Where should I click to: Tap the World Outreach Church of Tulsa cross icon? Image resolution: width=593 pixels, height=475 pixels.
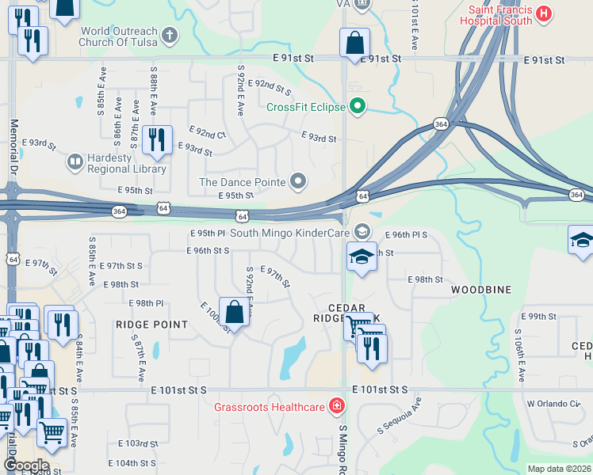[169, 35]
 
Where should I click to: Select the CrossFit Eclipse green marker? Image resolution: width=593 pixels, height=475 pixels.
[358, 106]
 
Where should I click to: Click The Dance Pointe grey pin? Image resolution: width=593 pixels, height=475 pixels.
[298, 182]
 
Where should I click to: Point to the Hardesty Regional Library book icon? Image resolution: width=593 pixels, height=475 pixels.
[75, 162]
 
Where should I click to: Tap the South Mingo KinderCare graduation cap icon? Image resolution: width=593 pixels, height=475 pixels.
[362, 230]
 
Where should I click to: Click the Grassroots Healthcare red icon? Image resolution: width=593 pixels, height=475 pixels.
[338, 407]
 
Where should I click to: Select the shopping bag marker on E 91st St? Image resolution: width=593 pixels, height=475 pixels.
[354, 43]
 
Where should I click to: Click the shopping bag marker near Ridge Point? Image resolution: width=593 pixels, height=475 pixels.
[235, 311]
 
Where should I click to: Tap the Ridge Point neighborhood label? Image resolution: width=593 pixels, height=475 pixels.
[151, 325]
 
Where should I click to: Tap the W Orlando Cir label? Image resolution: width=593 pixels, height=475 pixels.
[553, 403]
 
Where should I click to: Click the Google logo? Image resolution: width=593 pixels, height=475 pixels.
[26, 465]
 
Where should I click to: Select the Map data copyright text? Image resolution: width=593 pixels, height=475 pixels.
[558, 469]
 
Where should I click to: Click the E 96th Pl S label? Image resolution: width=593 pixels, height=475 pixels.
[406, 235]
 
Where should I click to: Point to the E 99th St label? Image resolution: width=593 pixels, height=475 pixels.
[542, 317]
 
